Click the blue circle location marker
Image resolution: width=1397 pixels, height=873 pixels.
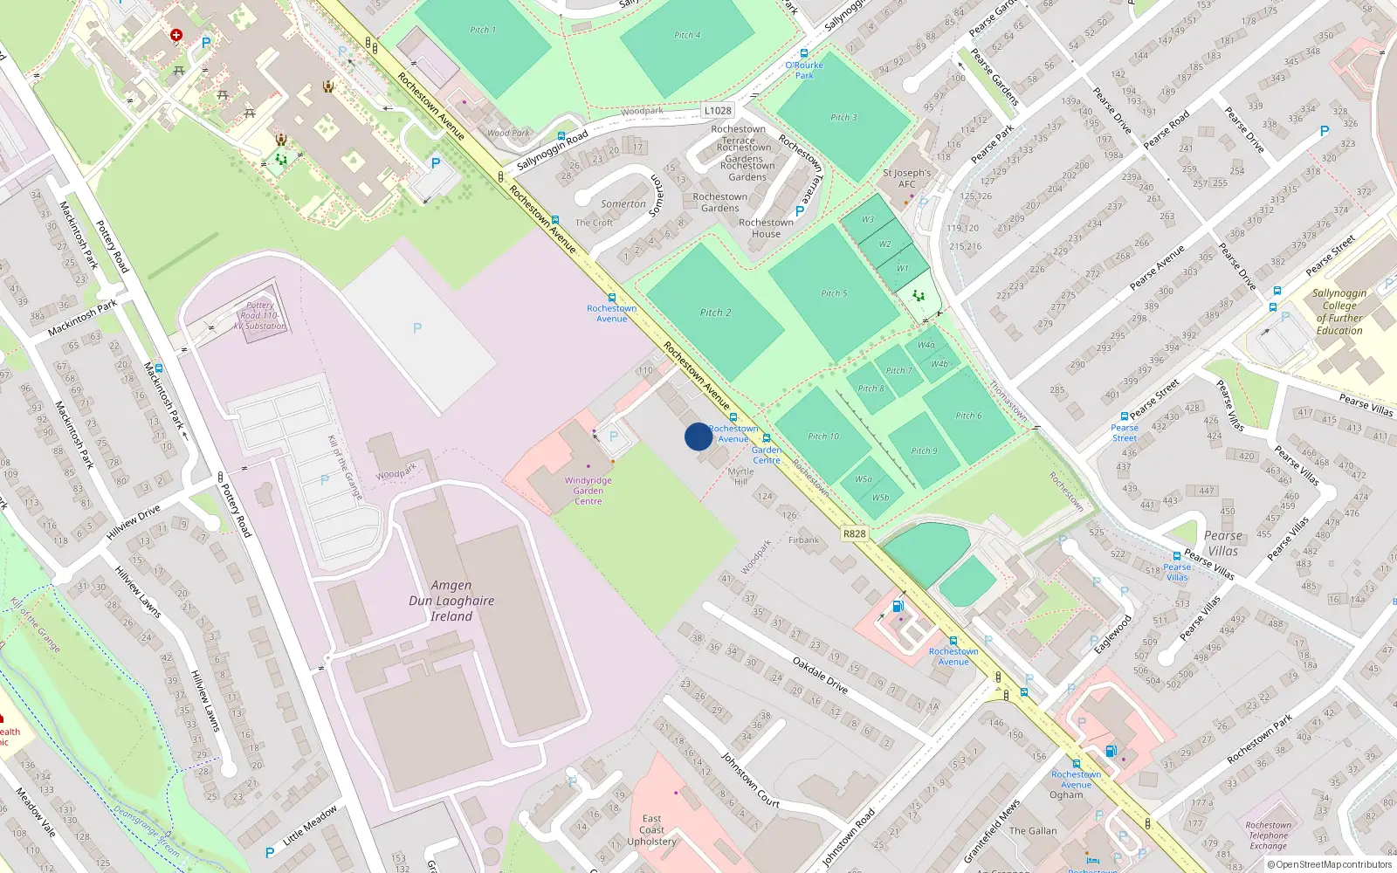pos(698,436)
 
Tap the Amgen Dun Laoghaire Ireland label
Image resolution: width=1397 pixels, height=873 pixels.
pos(451,601)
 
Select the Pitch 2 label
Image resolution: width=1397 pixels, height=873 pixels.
pos(715,313)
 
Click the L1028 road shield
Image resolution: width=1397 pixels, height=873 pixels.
pos(718,111)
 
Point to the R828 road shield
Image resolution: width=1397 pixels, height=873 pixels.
pos(855,533)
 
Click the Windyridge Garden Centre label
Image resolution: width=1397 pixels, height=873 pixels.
pos(588,491)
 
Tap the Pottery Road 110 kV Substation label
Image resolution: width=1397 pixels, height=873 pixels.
pos(260,316)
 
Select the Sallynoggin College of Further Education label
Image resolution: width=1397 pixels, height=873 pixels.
pos(1339,312)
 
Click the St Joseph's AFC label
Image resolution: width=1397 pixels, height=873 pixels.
pos(907,178)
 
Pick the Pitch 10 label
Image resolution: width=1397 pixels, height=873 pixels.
pos(822,436)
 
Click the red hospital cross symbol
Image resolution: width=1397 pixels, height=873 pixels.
pos(176,36)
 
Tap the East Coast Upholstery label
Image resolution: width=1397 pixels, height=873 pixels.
pos(651,830)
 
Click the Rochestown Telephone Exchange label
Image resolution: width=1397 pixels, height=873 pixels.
pos(1268,835)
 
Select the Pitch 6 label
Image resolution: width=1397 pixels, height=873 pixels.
pos(968,416)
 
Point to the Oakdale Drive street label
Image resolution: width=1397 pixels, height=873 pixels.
pos(820,675)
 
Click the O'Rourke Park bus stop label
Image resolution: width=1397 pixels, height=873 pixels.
pos(804,70)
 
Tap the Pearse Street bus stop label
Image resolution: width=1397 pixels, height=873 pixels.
pos(1125,432)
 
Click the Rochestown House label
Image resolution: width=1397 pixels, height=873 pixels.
pos(766,228)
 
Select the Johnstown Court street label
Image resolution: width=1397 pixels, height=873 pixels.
pos(749,779)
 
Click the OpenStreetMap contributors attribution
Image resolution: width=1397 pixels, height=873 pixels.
pos(1330,864)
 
